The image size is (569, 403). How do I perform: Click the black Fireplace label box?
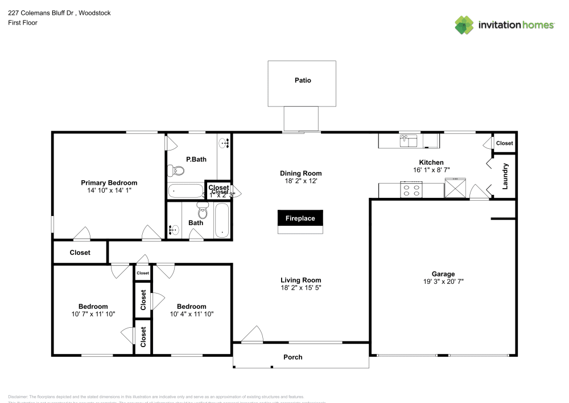(300, 218)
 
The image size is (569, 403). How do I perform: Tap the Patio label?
(303, 80)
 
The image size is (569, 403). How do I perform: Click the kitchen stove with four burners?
(411, 190)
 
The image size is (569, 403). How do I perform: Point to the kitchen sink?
(409, 140)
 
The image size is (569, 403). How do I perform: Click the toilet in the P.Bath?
(176, 170)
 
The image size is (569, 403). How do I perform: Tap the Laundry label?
(505, 176)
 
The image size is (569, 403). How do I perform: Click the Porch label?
(293, 357)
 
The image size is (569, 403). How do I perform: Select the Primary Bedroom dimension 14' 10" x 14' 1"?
(109, 191)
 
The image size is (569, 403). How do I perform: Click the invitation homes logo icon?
(464, 25)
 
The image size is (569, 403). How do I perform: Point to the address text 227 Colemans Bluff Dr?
(42, 13)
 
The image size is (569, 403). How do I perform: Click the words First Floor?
(23, 23)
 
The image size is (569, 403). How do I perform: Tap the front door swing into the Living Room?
(253, 335)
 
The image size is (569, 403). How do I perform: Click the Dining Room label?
(300, 173)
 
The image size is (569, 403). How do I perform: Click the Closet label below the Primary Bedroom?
(80, 253)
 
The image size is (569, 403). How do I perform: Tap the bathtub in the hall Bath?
(221, 221)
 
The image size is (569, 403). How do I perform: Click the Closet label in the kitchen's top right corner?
(504, 143)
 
